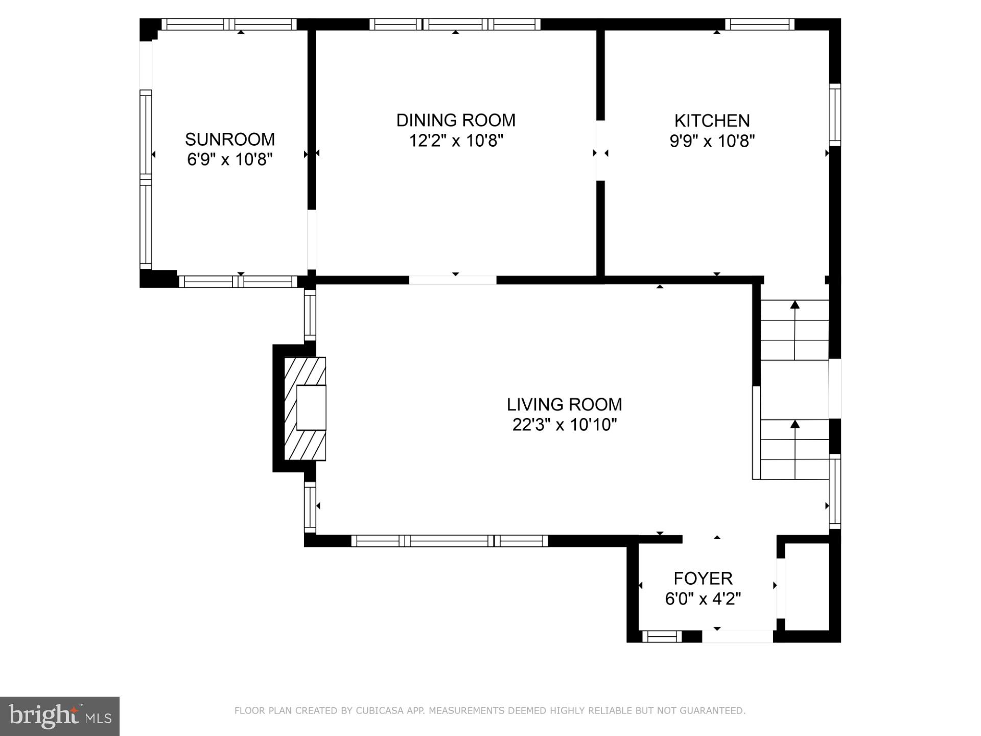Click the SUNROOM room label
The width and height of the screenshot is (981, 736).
[229, 139]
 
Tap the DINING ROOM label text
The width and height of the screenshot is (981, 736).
[456, 120]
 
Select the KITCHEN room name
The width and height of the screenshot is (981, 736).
[712, 121]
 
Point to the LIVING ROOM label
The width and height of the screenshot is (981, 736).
[564, 404]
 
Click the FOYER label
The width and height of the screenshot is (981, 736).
[703, 578]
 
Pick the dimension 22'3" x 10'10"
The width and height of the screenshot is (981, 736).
[564, 425]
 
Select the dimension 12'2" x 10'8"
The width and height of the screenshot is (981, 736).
[456, 141]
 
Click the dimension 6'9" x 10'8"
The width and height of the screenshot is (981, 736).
[229, 159]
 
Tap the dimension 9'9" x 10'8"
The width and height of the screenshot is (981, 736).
[712, 141]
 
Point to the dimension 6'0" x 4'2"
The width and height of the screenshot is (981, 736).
[703, 599]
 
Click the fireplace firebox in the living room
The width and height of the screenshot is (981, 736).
[311, 407]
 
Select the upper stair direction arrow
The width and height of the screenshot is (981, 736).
[795, 305]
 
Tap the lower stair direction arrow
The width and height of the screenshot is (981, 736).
[795, 424]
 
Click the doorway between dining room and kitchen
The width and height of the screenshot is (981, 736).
[601, 150]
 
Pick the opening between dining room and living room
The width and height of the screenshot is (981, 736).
[453, 280]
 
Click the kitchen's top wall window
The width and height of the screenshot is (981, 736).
[760, 24]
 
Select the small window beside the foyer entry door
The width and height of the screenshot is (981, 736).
[662, 636]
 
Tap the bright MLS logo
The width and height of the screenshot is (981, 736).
[60, 716]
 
